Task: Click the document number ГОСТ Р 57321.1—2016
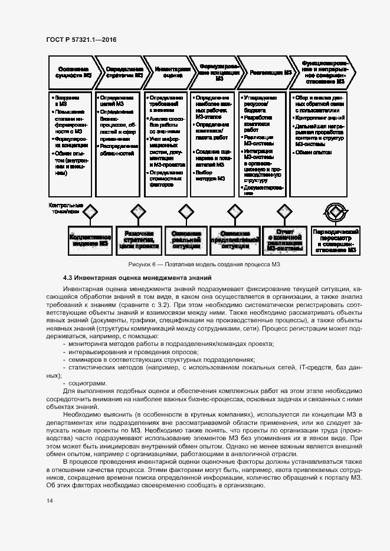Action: pos(80,39)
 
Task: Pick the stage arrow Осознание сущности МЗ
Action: pos(70,72)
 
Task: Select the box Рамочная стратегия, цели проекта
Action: pos(139,239)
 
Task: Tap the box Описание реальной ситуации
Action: pos(186,239)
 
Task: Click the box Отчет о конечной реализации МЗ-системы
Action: pos(283,239)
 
